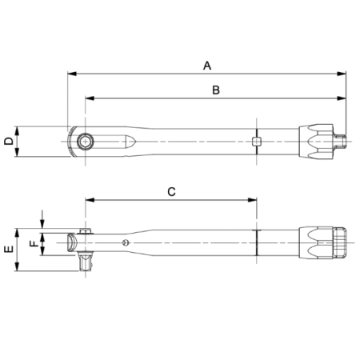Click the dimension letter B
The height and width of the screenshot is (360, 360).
coord(215,90)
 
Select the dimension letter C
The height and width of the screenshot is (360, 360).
coord(171,191)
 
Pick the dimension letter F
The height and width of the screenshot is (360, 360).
coord(32,242)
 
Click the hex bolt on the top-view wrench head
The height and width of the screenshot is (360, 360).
coord(85,142)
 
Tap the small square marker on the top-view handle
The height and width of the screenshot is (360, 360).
coord(256,142)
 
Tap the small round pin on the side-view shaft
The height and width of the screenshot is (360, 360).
coord(124,241)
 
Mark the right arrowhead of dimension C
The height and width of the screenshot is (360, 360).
coord(254,200)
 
